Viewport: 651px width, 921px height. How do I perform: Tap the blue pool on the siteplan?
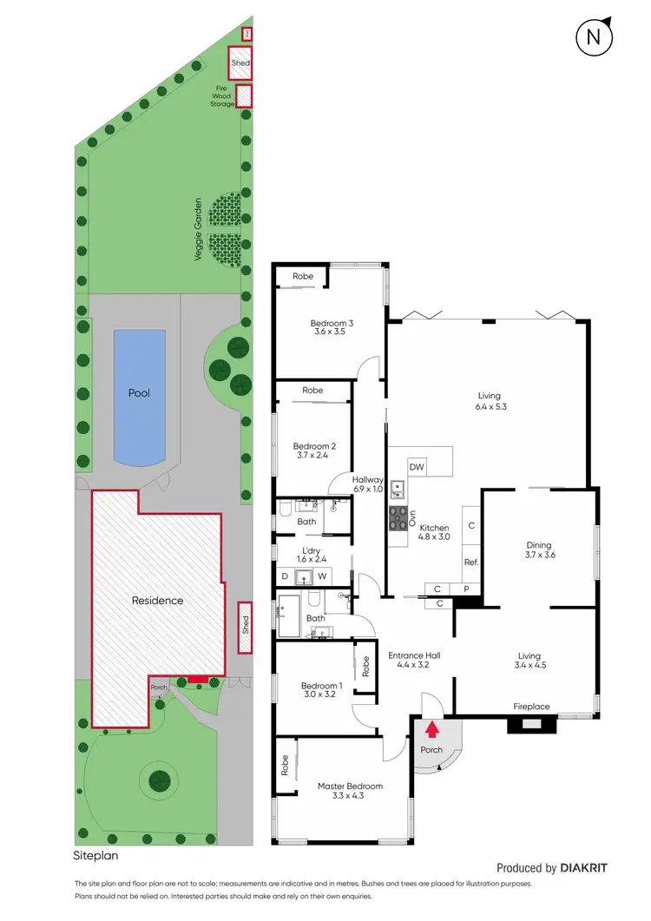(x=139, y=398)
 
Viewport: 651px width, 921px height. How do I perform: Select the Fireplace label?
(x=530, y=707)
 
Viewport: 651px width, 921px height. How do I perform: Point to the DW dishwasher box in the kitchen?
(x=417, y=467)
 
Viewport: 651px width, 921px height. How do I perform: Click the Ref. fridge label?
(x=471, y=562)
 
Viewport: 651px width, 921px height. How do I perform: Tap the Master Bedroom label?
(x=350, y=786)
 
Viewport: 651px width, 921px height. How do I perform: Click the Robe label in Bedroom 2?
(x=312, y=391)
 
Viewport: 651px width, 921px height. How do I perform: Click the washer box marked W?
(x=321, y=576)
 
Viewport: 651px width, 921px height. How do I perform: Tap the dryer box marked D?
(x=285, y=576)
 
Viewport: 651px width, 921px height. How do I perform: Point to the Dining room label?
(x=540, y=546)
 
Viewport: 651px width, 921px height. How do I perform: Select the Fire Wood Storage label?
(x=222, y=95)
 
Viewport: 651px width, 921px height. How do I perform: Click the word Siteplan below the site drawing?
(x=94, y=856)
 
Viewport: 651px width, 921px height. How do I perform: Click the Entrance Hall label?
(x=412, y=655)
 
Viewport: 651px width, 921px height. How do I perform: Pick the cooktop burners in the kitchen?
(x=398, y=519)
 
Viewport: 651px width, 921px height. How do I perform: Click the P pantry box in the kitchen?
(x=466, y=589)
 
